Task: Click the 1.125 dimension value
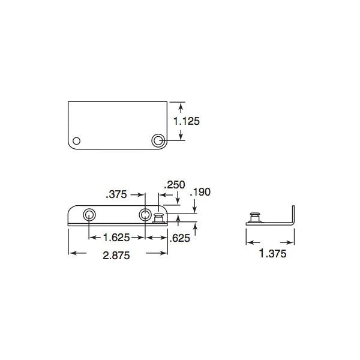[186, 121]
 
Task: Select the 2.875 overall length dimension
[118, 254]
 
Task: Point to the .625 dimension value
[180, 238]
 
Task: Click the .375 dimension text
[116, 194]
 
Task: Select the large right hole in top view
[158, 140]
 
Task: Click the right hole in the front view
[145, 214]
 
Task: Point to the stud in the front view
[160, 217]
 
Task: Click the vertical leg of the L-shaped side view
[294, 215]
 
